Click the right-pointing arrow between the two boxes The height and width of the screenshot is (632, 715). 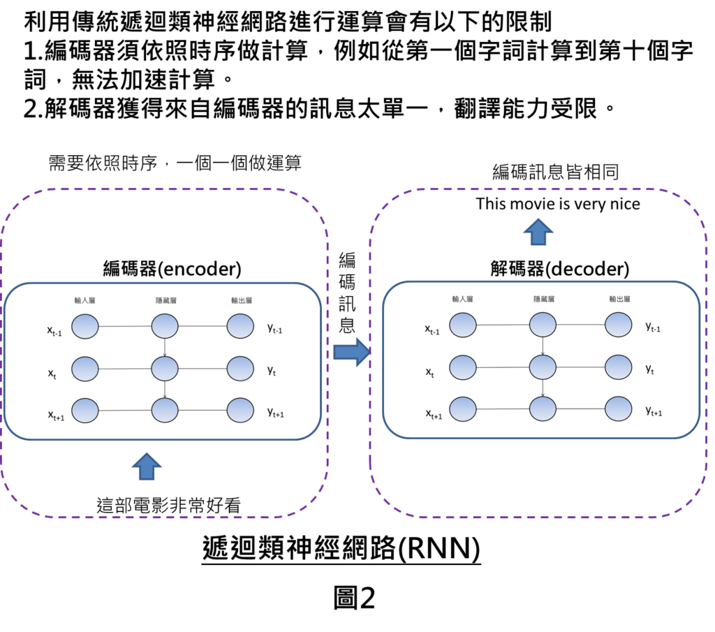tap(352, 352)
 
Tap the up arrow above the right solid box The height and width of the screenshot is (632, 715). tap(538, 232)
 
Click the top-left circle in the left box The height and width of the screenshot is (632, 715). tap(85, 326)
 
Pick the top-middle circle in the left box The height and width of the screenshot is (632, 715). tap(165, 326)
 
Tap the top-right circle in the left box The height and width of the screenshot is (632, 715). tap(240, 326)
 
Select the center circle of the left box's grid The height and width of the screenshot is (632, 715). tap(165, 369)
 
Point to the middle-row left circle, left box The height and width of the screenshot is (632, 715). tap(85, 369)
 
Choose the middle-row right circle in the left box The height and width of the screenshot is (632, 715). tap(240, 369)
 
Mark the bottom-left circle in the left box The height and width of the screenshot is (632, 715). tap(85, 411)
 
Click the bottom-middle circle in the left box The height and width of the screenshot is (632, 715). tap(165, 411)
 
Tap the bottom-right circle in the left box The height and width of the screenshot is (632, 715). tap(240, 411)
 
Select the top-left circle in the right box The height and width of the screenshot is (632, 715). tap(463, 325)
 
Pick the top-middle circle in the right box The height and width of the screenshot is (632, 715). tap(543, 325)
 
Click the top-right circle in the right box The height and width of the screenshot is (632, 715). tap(619, 325)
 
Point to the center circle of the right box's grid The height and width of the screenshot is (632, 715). tap(543, 367)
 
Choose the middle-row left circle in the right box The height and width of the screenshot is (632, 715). tap(463, 367)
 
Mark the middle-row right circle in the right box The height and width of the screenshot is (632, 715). tap(619, 367)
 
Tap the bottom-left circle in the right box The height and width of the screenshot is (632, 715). tap(463, 409)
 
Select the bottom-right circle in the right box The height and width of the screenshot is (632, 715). tap(619, 409)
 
